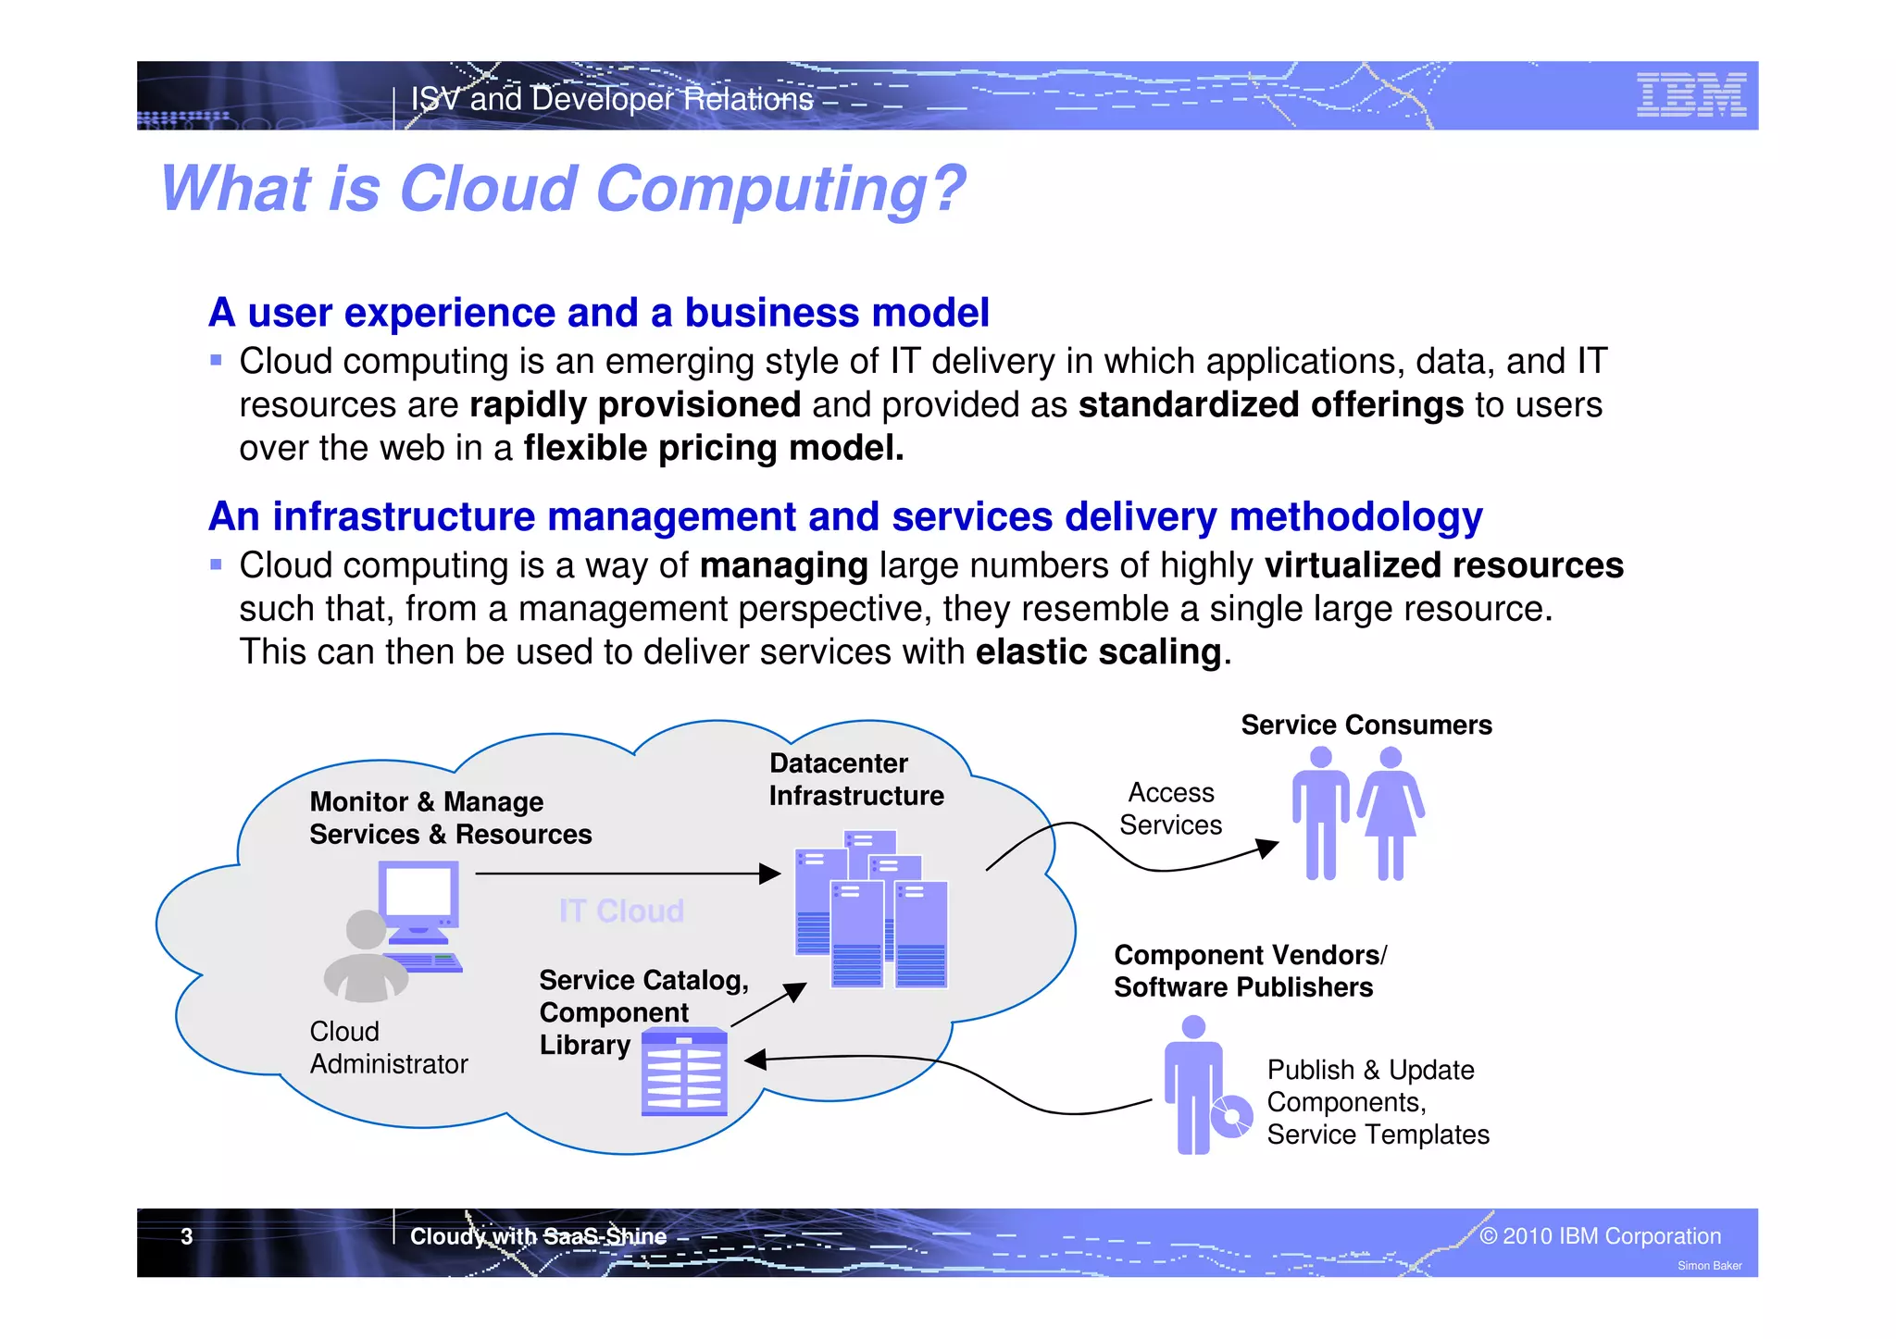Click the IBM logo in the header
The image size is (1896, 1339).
tap(1690, 95)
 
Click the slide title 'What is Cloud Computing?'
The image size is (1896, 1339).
tap(562, 189)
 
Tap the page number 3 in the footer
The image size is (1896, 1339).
tap(187, 1236)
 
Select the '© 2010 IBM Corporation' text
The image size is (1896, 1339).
tap(1600, 1236)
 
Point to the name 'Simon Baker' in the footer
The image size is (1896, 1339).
tap(1709, 1266)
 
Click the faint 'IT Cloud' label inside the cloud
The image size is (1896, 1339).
tap(621, 911)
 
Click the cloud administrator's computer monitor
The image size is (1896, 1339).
tap(418, 897)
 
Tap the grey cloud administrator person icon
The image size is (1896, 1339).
tap(366, 958)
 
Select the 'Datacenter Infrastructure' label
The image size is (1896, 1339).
tap(855, 779)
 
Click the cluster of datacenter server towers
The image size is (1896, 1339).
tap(871, 911)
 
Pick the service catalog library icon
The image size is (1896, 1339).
tap(684, 1072)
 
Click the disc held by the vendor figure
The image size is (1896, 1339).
tap(1232, 1116)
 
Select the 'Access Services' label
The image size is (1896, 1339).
tap(1170, 809)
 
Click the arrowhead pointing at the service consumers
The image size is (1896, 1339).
tap(1267, 848)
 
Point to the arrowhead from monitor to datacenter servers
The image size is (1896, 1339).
tap(769, 874)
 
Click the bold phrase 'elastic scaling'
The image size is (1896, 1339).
tap(1098, 652)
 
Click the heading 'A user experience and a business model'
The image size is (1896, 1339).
tap(599, 313)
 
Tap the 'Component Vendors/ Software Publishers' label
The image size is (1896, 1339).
tap(1250, 971)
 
